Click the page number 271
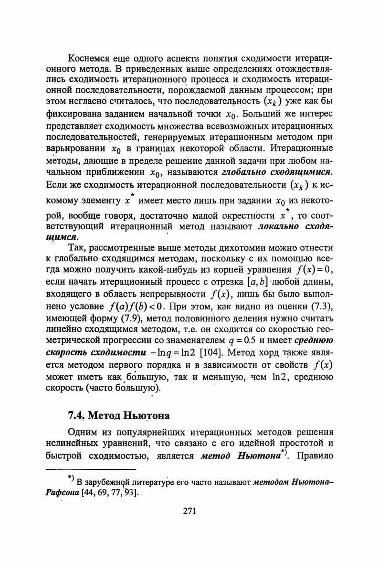(189, 511)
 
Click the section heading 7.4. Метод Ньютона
(119, 414)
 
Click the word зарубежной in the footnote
(107, 481)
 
